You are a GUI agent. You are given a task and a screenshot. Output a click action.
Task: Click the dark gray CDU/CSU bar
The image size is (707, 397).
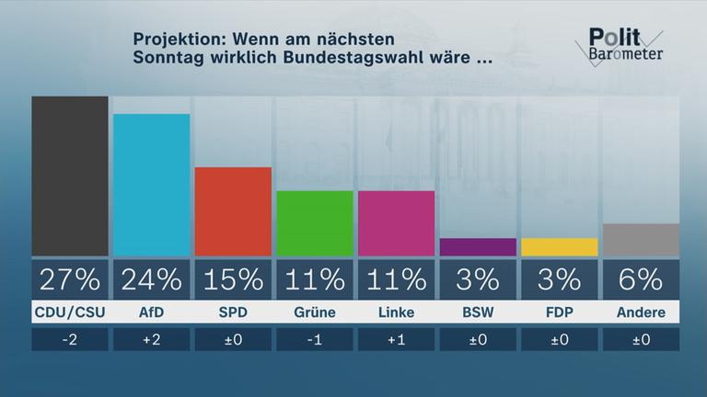click(70, 176)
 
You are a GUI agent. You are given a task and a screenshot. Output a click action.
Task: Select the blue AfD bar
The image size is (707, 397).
click(151, 185)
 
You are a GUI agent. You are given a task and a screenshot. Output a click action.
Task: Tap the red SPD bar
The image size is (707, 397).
click(233, 211)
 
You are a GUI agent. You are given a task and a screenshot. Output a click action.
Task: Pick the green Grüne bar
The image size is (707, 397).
click(314, 223)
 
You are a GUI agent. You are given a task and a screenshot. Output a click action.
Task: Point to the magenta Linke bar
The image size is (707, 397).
click(396, 223)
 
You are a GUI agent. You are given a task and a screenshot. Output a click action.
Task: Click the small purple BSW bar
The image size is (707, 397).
click(478, 247)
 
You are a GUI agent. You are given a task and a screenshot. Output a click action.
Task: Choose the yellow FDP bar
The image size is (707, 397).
click(559, 247)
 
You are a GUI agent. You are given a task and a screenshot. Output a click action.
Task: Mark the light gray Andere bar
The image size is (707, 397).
click(641, 240)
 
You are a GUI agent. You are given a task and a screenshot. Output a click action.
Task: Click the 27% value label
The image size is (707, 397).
click(70, 278)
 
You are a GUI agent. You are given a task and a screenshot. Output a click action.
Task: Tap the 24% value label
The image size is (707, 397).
click(151, 278)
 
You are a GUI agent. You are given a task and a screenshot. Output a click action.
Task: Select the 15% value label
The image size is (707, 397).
click(233, 278)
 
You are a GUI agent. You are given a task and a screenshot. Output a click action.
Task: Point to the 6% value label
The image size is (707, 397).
click(641, 278)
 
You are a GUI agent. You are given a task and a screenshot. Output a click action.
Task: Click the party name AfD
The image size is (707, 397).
click(151, 312)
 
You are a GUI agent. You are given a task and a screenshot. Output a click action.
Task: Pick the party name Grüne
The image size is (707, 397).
click(314, 312)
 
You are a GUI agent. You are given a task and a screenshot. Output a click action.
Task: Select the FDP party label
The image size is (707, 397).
click(559, 312)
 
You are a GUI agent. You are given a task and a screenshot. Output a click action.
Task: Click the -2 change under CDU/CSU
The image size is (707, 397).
click(70, 339)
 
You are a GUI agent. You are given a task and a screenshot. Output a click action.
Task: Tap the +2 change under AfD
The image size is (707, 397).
click(151, 339)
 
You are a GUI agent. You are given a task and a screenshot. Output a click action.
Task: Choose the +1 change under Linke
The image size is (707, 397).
click(396, 339)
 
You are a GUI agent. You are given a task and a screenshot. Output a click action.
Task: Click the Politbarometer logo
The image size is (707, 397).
click(624, 44)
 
